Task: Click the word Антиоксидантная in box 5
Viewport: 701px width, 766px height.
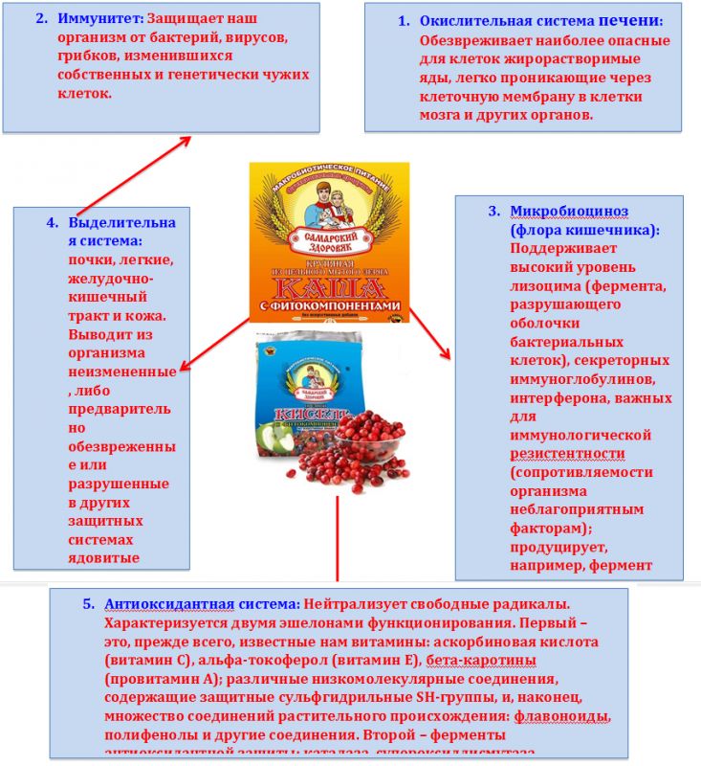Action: tap(152, 604)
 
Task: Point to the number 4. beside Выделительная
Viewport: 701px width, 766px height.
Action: tap(53, 223)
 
